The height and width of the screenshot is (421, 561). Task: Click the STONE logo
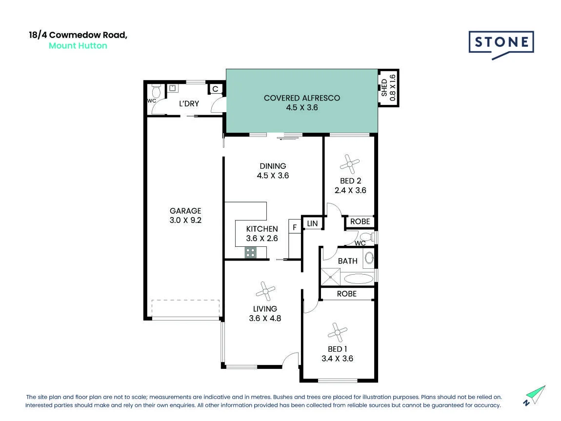click(x=501, y=44)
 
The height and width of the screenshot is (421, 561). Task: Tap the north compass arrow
click(x=535, y=396)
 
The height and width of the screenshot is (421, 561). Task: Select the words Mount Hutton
click(x=78, y=46)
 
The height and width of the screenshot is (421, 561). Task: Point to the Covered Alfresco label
click(x=302, y=98)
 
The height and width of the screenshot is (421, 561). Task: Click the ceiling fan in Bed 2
click(x=350, y=164)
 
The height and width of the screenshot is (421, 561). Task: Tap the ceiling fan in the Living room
click(x=265, y=292)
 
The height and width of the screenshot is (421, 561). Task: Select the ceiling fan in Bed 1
click(x=338, y=333)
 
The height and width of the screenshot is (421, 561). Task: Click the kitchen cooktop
click(x=250, y=253)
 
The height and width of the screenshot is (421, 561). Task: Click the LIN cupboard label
click(x=312, y=223)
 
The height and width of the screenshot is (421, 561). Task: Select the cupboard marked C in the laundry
click(x=216, y=89)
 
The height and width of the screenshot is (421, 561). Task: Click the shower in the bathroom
click(x=330, y=277)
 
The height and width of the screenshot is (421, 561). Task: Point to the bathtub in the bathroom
click(x=358, y=279)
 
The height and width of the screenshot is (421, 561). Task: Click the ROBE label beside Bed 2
click(x=360, y=221)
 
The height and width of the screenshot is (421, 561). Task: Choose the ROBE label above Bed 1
click(x=347, y=294)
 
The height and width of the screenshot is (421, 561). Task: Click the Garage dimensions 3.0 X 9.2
click(x=185, y=220)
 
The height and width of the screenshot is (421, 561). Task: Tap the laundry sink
click(x=173, y=88)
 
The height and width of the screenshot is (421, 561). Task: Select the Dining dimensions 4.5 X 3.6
click(x=273, y=175)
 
